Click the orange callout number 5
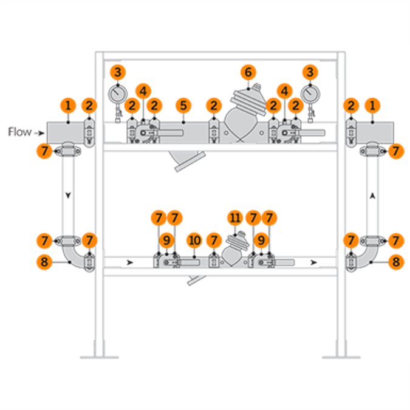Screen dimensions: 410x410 coord(183,105)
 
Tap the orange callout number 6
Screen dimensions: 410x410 coord(248,73)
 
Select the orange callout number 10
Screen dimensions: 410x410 coord(194,241)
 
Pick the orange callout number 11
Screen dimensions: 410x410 coord(235,217)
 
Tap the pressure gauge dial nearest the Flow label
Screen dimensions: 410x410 coord(118,94)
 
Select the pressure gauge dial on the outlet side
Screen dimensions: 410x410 coord(311,94)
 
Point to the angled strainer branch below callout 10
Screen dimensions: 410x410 coord(194,279)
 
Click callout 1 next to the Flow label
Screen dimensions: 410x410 coord(68,105)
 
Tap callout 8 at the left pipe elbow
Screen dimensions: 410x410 coord(44,262)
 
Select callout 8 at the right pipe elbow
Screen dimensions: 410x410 coord(395,262)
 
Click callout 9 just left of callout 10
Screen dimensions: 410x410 coord(166,241)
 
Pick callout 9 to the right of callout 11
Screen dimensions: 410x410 coord(261,241)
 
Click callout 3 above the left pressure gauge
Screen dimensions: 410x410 coord(118,73)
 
